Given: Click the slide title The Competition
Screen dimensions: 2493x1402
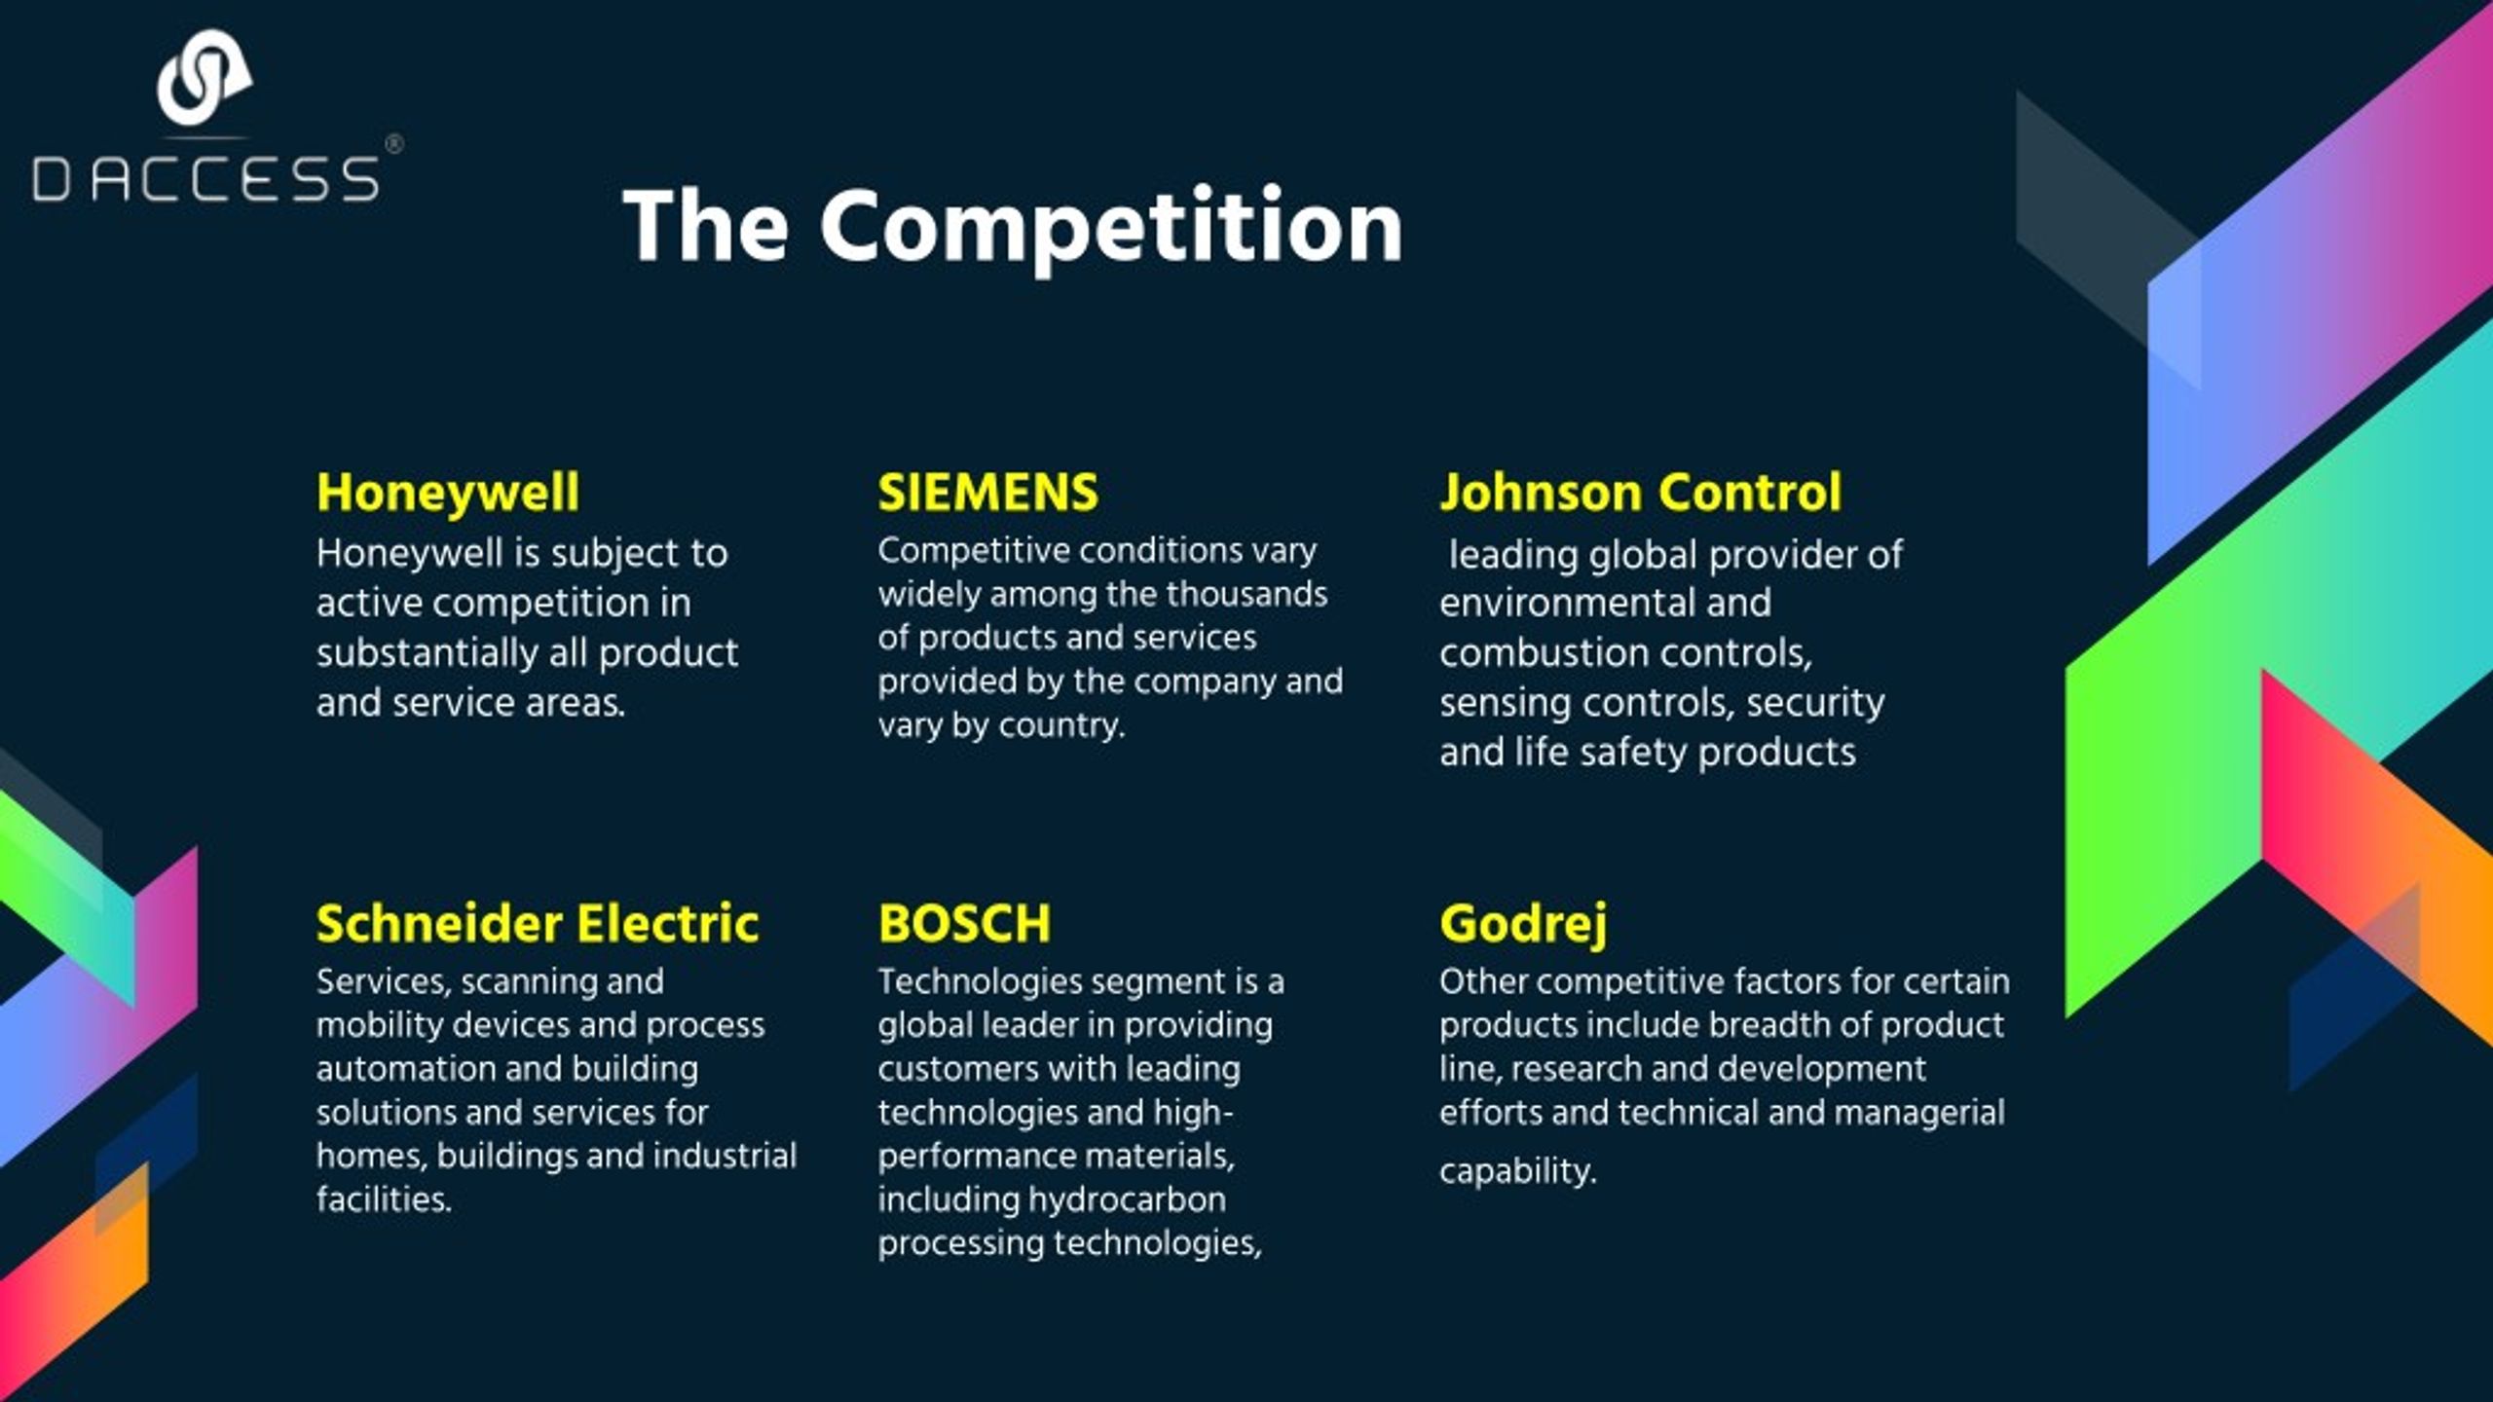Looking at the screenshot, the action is (x=1013, y=226).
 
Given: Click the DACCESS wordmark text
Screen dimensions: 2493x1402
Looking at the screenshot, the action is (x=205, y=179).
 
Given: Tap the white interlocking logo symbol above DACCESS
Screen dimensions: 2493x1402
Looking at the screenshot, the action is (x=205, y=78).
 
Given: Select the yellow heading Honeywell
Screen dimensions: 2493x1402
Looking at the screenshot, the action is (x=448, y=493).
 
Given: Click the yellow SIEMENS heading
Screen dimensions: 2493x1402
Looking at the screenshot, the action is (x=987, y=493).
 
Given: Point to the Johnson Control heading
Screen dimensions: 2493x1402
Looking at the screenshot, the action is (x=1641, y=493).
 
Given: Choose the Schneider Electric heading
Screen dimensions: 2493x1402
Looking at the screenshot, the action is (x=538, y=923).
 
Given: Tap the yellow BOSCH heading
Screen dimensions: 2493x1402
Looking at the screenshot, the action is (x=964, y=923).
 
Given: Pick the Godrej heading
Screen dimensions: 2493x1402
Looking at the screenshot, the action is (x=1523, y=925).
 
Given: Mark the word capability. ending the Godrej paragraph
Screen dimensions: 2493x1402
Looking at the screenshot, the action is (x=1518, y=1171).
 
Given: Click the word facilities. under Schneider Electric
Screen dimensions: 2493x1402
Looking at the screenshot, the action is (x=385, y=1199).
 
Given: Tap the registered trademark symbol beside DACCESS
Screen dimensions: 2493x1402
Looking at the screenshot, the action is (x=394, y=144).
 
